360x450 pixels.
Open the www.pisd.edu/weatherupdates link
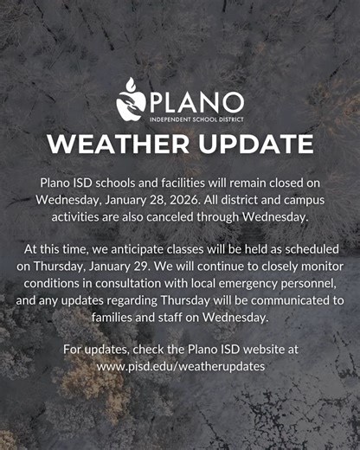(x=180, y=365)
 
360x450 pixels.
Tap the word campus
(x=306, y=199)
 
